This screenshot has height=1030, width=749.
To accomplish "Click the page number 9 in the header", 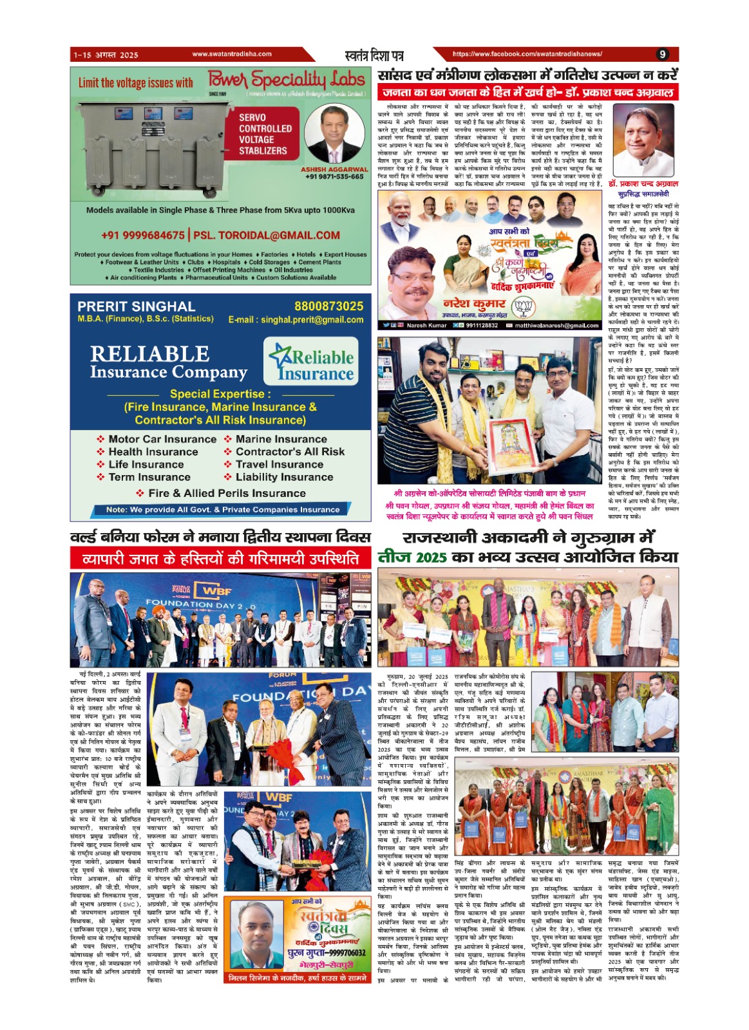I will [662, 55].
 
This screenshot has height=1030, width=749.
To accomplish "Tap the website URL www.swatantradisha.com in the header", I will [232, 55].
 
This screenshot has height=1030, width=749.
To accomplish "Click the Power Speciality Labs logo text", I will [287, 80].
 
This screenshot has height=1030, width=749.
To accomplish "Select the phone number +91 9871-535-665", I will [334, 176].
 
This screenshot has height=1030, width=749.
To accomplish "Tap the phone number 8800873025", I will [328, 306].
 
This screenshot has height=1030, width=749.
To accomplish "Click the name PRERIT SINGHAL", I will [136, 306].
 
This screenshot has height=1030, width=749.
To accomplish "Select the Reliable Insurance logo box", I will [310, 362].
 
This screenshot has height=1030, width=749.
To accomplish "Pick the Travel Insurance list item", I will [280, 464].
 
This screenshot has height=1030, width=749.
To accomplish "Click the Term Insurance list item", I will [149, 477].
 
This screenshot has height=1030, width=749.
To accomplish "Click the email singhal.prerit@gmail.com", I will [296, 320].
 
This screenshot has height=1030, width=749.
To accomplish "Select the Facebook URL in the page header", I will [527, 55].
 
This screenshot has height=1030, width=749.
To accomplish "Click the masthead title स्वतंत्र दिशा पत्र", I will [374, 55].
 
